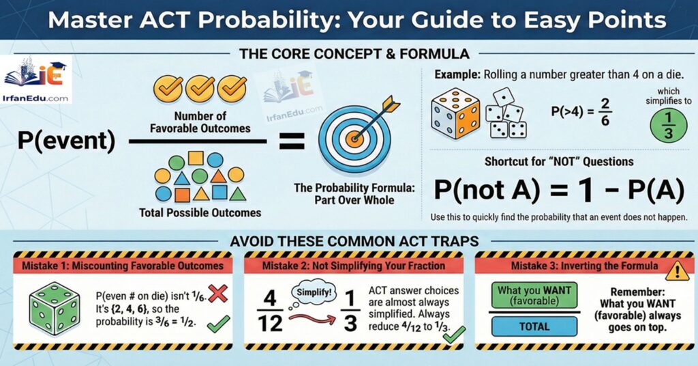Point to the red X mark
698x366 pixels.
coord(217,294)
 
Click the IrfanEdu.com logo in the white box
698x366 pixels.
coord(37,81)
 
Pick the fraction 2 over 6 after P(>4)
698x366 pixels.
coord(601,112)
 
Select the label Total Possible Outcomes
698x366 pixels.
coord(200,212)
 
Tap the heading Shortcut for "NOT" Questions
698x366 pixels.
coord(559,162)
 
